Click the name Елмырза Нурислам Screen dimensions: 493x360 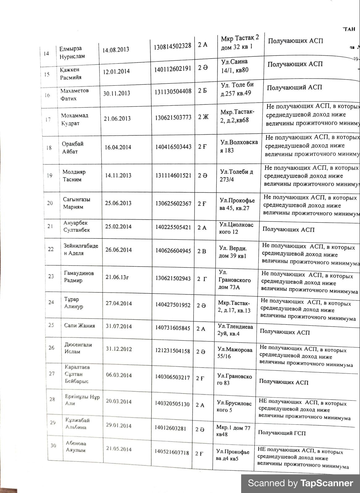pos(72,53)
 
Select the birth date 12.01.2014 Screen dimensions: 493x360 pos(116,71)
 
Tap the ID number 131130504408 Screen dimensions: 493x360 pos(173,91)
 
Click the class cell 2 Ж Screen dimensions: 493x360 pos(203,117)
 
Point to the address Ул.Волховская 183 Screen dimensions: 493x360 pos(239,146)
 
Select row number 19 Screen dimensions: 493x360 pos(49,176)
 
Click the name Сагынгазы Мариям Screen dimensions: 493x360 pos(77,203)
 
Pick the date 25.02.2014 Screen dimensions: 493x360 pos(118,226)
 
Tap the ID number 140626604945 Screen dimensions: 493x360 pos(173,251)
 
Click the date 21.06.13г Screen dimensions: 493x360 pos(117,277)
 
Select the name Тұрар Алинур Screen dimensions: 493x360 pos(73,303)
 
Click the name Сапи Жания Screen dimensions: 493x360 pos(79,326)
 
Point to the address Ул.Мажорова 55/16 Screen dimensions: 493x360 pos(235,353)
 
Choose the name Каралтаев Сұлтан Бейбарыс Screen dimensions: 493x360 pos(77,374)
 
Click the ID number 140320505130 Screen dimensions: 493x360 pos(172,404)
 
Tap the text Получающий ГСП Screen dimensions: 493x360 pos(282,433)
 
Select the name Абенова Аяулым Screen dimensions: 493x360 pos(76,446)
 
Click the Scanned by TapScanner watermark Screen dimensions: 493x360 pos(300,483)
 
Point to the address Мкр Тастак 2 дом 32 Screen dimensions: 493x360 pos(240,43)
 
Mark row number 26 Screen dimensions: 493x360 pos(51,348)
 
